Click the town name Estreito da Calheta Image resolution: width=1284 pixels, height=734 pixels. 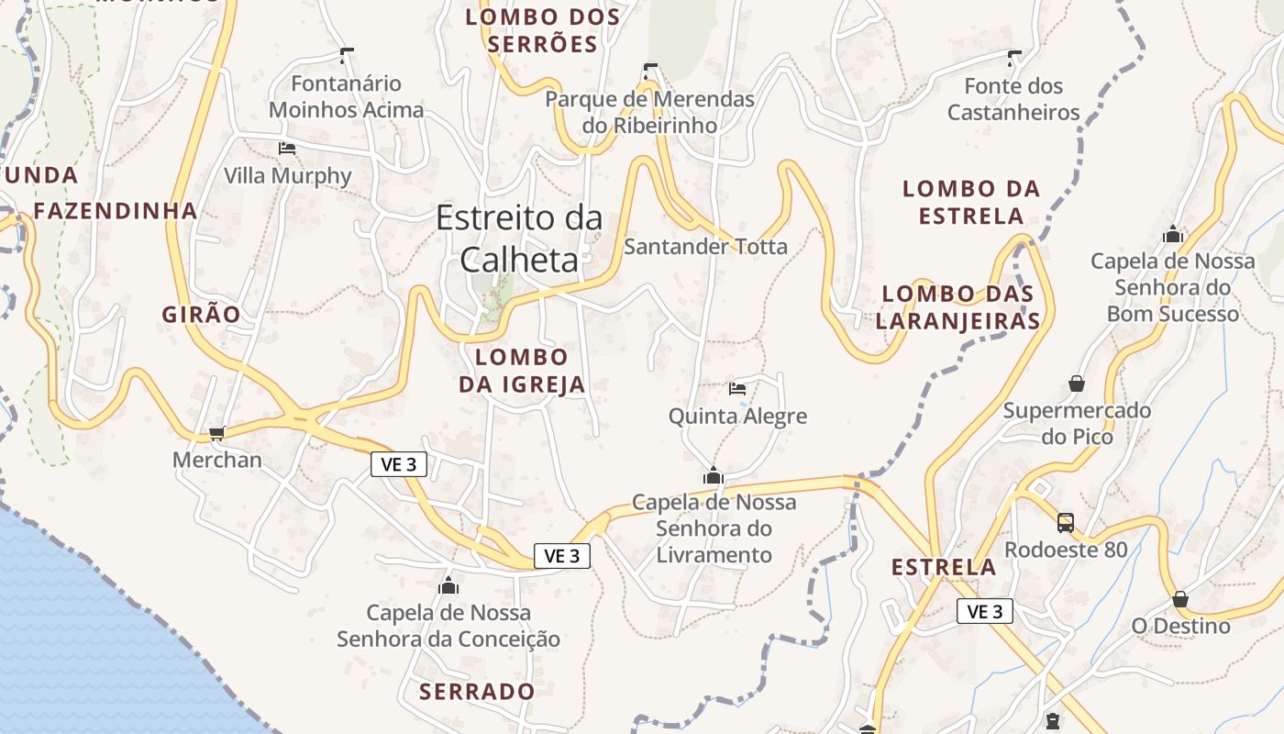tap(519, 239)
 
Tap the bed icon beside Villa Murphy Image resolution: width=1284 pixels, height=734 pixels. tap(287, 148)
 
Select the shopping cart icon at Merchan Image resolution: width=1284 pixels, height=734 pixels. tap(217, 433)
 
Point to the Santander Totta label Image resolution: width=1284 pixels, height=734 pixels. tap(705, 246)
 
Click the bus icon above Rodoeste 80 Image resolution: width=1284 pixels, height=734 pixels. tap(1066, 523)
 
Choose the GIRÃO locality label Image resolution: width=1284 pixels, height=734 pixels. tap(201, 315)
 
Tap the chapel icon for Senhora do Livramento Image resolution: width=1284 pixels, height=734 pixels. tap(713, 475)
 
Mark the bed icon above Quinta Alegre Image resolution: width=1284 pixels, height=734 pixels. tap(737, 388)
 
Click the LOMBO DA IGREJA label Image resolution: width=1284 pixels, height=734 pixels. tap(522, 371)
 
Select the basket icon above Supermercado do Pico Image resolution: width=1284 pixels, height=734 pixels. tap(1077, 383)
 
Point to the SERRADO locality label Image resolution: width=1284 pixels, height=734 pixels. tap(477, 692)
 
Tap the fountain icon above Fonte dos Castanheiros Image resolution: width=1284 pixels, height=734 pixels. tap(1013, 59)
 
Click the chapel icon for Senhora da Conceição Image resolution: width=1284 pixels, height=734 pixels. tap(448, 584)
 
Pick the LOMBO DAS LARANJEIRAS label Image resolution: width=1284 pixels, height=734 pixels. tap(957, 307)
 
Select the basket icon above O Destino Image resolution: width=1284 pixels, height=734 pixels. tap(1180, 599)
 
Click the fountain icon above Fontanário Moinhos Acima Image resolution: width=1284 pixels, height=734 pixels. tap(346, 56)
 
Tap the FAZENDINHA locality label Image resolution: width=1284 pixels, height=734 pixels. tap(116, 211)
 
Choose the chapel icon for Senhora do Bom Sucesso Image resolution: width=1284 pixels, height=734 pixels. tap(1172, 234)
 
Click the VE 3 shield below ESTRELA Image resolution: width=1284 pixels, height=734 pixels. tap(984, 611)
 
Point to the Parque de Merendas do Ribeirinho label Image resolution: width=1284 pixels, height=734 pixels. tap(650, 112)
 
